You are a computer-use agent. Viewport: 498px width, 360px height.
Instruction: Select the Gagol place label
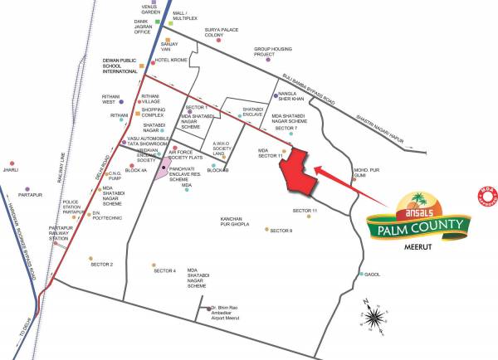click(373, 275)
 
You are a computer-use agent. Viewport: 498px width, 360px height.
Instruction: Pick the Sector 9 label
click(281, 231)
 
